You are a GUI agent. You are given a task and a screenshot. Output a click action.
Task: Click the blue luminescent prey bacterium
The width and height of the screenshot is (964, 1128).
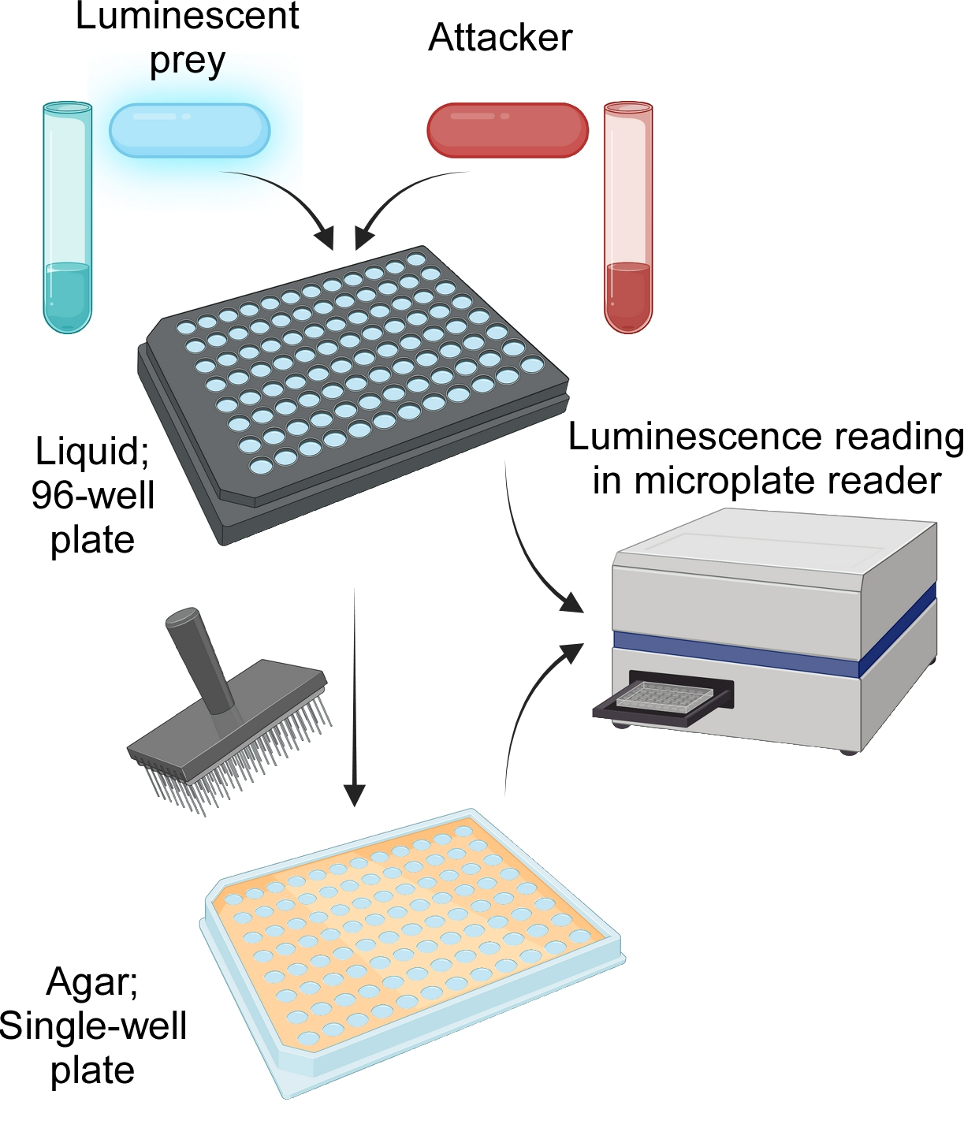(x=189, y=130)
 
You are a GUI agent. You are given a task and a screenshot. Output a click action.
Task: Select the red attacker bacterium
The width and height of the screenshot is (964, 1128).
(x=508, y=130)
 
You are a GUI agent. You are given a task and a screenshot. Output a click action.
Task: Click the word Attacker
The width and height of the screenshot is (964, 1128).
(x=500, y=38)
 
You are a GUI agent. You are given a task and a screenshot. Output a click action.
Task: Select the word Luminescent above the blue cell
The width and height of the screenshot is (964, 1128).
(x=188, y=16)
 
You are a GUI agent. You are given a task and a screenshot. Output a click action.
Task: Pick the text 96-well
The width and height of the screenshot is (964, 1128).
(x=93, y=495)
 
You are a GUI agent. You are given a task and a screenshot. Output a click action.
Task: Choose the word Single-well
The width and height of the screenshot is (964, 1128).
(x=93, y=1026)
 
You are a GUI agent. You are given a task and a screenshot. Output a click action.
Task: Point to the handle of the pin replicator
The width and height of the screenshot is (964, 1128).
(x=197, y=654)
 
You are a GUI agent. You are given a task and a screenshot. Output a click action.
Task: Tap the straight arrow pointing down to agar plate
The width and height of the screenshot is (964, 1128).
(x=355, y=694)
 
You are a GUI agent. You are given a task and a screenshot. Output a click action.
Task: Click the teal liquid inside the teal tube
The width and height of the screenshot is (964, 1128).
(x=68, y=296)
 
